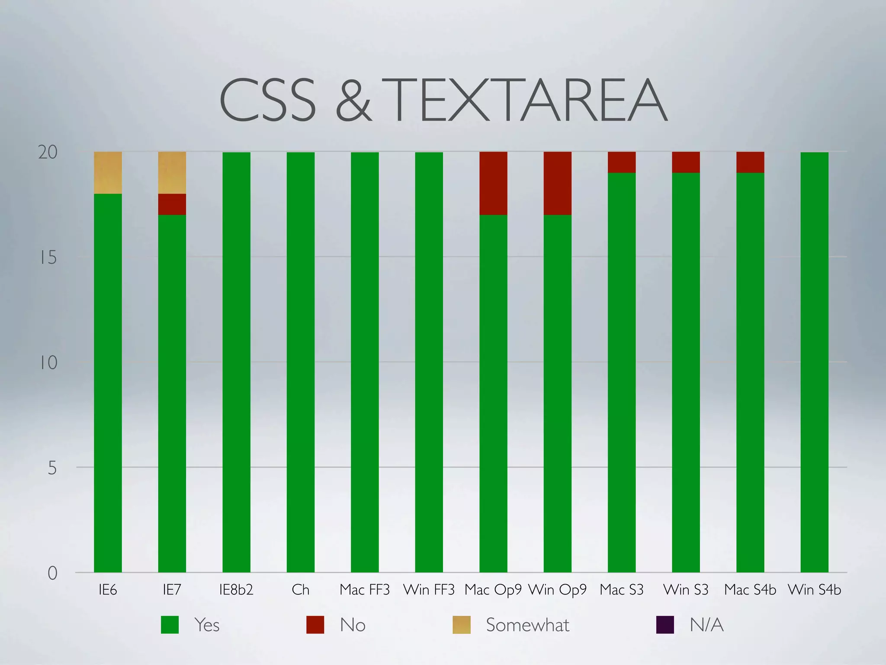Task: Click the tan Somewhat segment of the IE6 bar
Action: tap(108, 173)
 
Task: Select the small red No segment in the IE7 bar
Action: tap(172, 204)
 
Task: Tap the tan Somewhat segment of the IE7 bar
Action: tap(172, 173)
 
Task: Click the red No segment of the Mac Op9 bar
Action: tap(493, 183)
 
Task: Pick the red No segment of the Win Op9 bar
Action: tap(557, 183)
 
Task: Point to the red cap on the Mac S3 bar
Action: tap(622, 162)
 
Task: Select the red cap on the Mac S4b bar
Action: tap(750, 162)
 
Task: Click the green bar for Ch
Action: tap(301, 362)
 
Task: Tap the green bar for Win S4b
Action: tap(814, 362)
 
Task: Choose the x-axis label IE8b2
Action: tap(236, 590)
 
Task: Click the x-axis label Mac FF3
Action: tap(365, 590)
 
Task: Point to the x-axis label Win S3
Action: tap(686, 590)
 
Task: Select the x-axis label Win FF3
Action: tap(429, 590)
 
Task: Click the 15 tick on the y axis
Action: tap(48, 258)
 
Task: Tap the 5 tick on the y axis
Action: tap(52, 468)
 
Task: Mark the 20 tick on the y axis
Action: tap(48, 152)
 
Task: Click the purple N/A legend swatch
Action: tap(665, 625)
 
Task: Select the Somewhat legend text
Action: tap(527, 625)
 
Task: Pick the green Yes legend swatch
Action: tap(170, 625)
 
